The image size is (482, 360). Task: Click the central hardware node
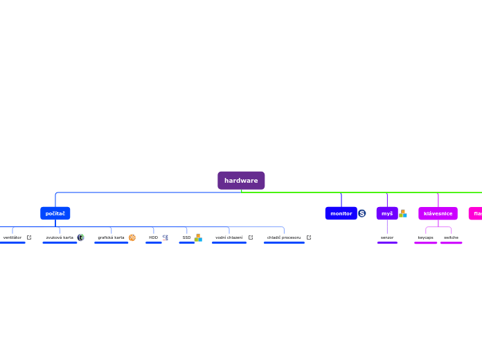[x=241, y=181]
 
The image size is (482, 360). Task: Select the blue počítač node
[x=55, y=213]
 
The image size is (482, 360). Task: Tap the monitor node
[x=341, y=213]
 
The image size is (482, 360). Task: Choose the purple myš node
[x=387, y=213]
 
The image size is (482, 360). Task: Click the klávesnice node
[x=438, y=213]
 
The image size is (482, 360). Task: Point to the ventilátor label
[x=12, y=237]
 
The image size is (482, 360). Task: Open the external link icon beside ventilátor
[x=29, y=237]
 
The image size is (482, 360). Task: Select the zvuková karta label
[x=60, y=237]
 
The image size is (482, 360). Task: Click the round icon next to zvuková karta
[x=80, y=237]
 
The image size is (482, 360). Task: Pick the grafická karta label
[x=111, y=237]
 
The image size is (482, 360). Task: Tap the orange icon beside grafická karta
[x=132, y=237]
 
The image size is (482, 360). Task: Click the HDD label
[x=153, y=237]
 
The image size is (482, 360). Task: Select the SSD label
[x=186, y=237]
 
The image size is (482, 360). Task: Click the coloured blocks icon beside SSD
[x=198, y=237]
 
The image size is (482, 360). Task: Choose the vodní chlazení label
[x=229, y=237]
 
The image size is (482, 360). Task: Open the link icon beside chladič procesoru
[x=309, y=237]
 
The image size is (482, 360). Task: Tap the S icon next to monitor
[x=362, y=213]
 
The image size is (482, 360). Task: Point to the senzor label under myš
[x=387, y=237]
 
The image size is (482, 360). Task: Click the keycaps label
[x=425, y=237]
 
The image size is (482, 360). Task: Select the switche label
[x=451, y=237]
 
